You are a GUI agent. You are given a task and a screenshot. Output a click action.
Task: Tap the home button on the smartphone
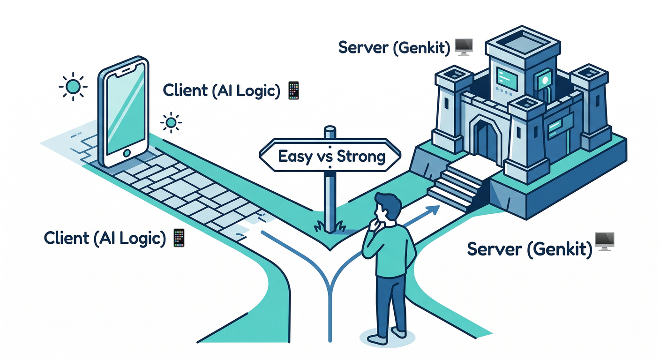coord(126,154)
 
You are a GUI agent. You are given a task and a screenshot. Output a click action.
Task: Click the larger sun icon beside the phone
coord(73,87)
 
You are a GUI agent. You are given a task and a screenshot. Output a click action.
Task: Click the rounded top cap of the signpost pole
coord(330,129)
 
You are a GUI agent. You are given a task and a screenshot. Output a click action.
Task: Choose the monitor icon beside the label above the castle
coord(464,47)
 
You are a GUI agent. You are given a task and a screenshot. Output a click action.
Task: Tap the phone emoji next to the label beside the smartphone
coord(293,90)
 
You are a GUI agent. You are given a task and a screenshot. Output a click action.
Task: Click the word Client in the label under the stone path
coord(66,238)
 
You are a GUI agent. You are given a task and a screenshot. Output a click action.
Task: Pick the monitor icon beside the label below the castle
coord(605,241)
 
